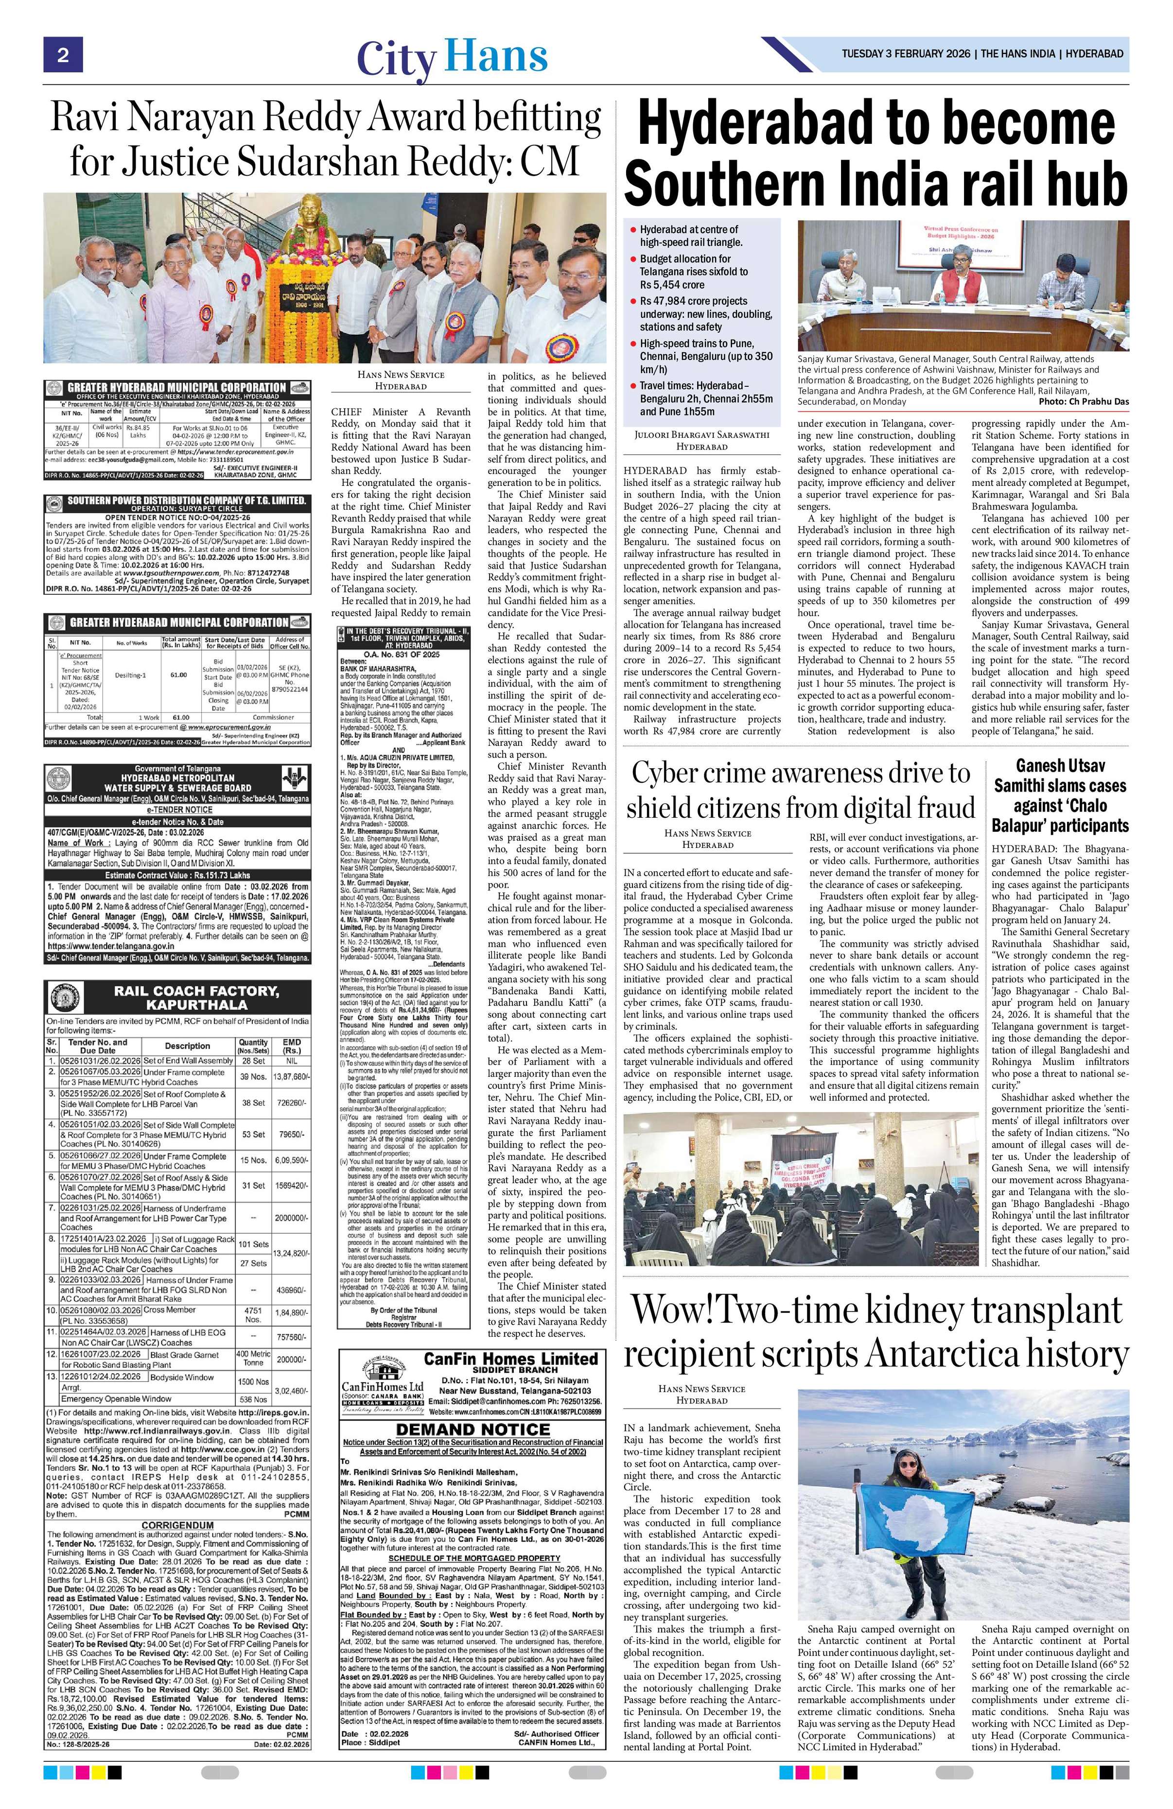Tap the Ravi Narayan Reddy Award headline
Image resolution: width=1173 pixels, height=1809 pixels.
[x=325, y=139]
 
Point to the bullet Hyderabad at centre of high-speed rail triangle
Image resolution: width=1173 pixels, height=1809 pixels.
[x=690, y=236]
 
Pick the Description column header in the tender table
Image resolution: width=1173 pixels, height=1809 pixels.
[x=187, y=1046]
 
